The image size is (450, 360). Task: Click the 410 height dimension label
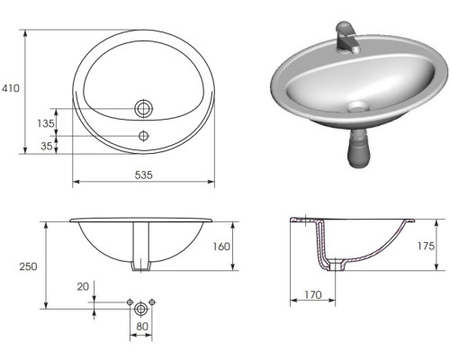pos(11,88)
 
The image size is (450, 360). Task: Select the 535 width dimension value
pos(144,175)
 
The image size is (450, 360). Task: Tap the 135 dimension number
pos(46,123)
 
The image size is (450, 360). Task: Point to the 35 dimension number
pos(47,146)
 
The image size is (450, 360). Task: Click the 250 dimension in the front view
pos(29,266)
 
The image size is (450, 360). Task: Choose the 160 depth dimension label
pos(221,247)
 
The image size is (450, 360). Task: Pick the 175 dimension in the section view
pos(426,246)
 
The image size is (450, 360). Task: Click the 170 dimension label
pos(313,295)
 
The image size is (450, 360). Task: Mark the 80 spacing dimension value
pos(142,326)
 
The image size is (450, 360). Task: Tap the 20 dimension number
pos(83,287)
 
